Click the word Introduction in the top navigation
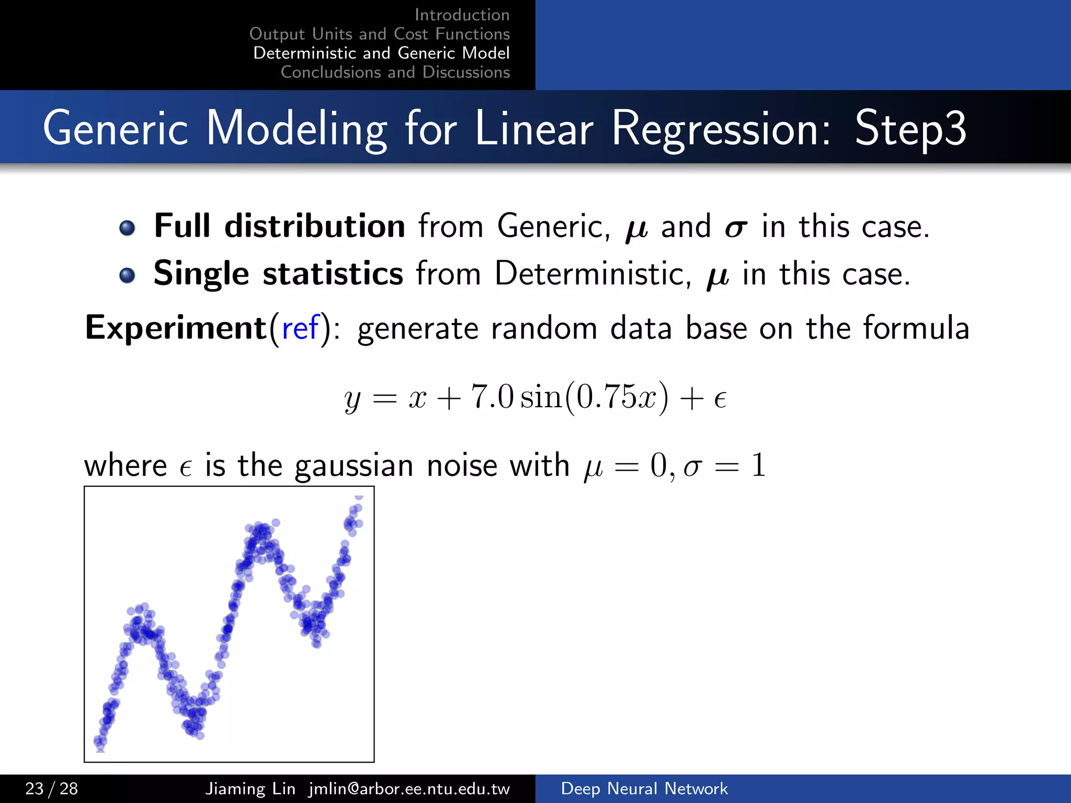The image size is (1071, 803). point(462,15)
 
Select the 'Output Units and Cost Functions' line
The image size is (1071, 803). point(380,34)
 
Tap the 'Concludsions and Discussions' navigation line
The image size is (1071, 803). point(395,72)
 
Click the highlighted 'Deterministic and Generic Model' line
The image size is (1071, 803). point(381,53)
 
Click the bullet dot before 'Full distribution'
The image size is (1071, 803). point(127,228)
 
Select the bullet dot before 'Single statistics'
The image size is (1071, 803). point(127,275)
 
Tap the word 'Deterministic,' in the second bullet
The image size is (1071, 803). point(593,274)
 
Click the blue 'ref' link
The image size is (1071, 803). point(300,328)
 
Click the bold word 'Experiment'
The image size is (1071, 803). point(176,328)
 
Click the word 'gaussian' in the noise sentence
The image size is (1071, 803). point(354,465)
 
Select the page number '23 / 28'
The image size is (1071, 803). point(52,788)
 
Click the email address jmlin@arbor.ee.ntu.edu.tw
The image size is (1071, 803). point(409,788)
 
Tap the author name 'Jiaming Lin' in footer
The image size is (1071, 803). point(250,788)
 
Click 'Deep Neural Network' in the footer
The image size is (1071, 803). point(644,788)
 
